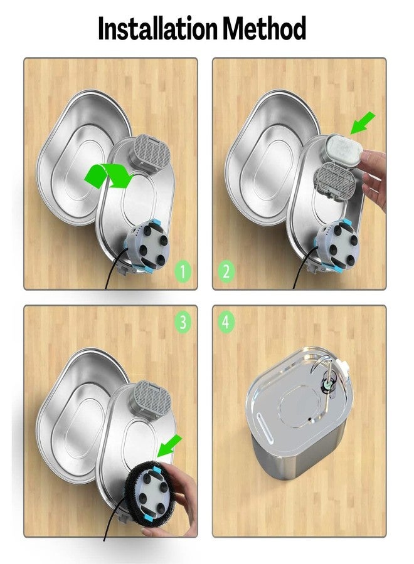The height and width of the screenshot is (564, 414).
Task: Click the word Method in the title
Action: (266, 29)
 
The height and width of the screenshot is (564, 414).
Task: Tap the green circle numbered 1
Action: (183, 272)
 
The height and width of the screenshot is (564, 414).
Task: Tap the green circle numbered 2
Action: (227, 272)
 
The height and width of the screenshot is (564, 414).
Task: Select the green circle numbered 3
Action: (183, 322)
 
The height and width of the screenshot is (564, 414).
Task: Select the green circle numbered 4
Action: (227, 322)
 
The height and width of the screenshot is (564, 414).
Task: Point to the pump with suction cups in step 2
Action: (339, 244)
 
